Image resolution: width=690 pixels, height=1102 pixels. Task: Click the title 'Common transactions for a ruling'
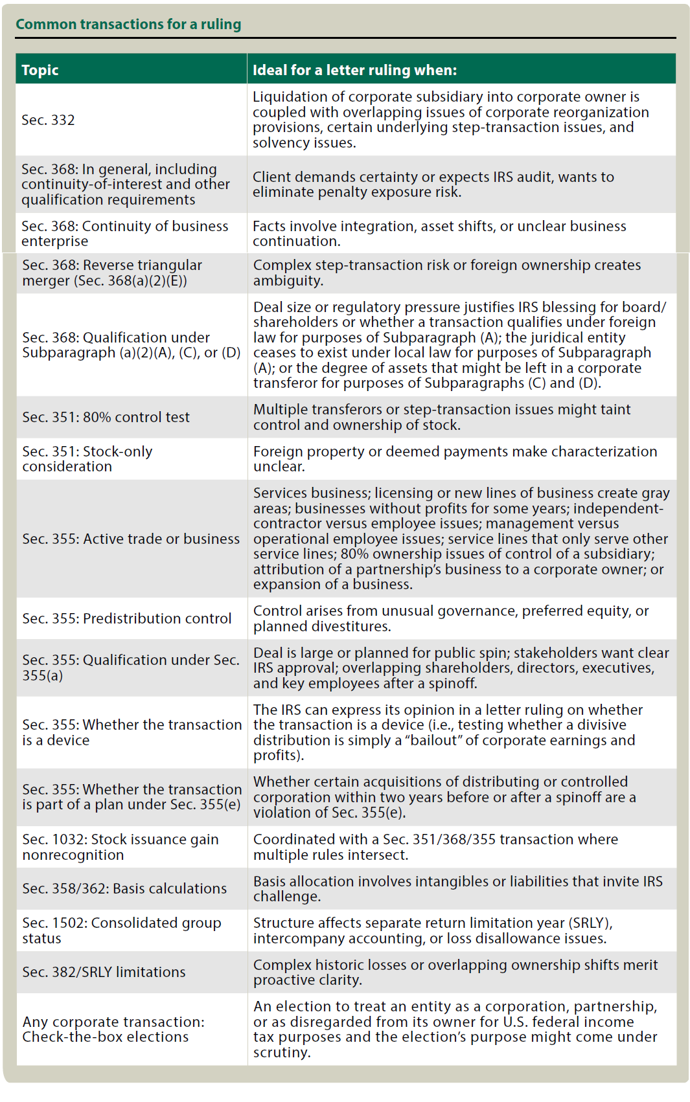tap(128, 25)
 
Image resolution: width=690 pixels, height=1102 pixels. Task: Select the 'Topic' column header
tap(40, 70)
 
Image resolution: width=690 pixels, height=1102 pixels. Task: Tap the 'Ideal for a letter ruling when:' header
tap(354, 70)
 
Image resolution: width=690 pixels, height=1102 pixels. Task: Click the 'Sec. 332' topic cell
tap(48, 120)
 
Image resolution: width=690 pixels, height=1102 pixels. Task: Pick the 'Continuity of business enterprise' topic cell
tap(124, 234)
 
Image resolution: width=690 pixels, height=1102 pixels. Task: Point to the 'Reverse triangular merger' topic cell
tap(112, 273)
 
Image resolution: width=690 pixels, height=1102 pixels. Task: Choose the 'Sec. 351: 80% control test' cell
tap(106, 417)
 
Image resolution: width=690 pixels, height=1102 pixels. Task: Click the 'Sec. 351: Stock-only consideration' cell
tap(87, 459)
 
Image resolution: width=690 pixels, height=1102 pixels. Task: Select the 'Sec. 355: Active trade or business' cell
tap(131, 539)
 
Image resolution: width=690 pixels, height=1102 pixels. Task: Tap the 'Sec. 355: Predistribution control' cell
tap(126, 618)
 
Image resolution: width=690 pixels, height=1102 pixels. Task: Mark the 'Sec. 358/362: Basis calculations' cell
tap(124, 888)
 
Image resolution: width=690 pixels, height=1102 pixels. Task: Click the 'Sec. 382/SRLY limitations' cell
tap(104, 972)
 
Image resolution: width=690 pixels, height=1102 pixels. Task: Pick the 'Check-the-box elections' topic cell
tap(113, 1029)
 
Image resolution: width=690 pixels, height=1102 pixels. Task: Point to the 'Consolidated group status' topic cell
tap(122, 930)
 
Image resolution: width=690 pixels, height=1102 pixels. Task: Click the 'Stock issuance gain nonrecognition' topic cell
tap(121, 847)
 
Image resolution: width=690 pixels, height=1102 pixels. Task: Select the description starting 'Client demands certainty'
tap(433, 185)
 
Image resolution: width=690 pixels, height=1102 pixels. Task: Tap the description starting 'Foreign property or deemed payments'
tap(455, 459)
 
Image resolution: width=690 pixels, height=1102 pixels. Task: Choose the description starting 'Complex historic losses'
tap(455, 972)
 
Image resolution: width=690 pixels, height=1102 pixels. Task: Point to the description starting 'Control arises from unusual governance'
tap(451, 618)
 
